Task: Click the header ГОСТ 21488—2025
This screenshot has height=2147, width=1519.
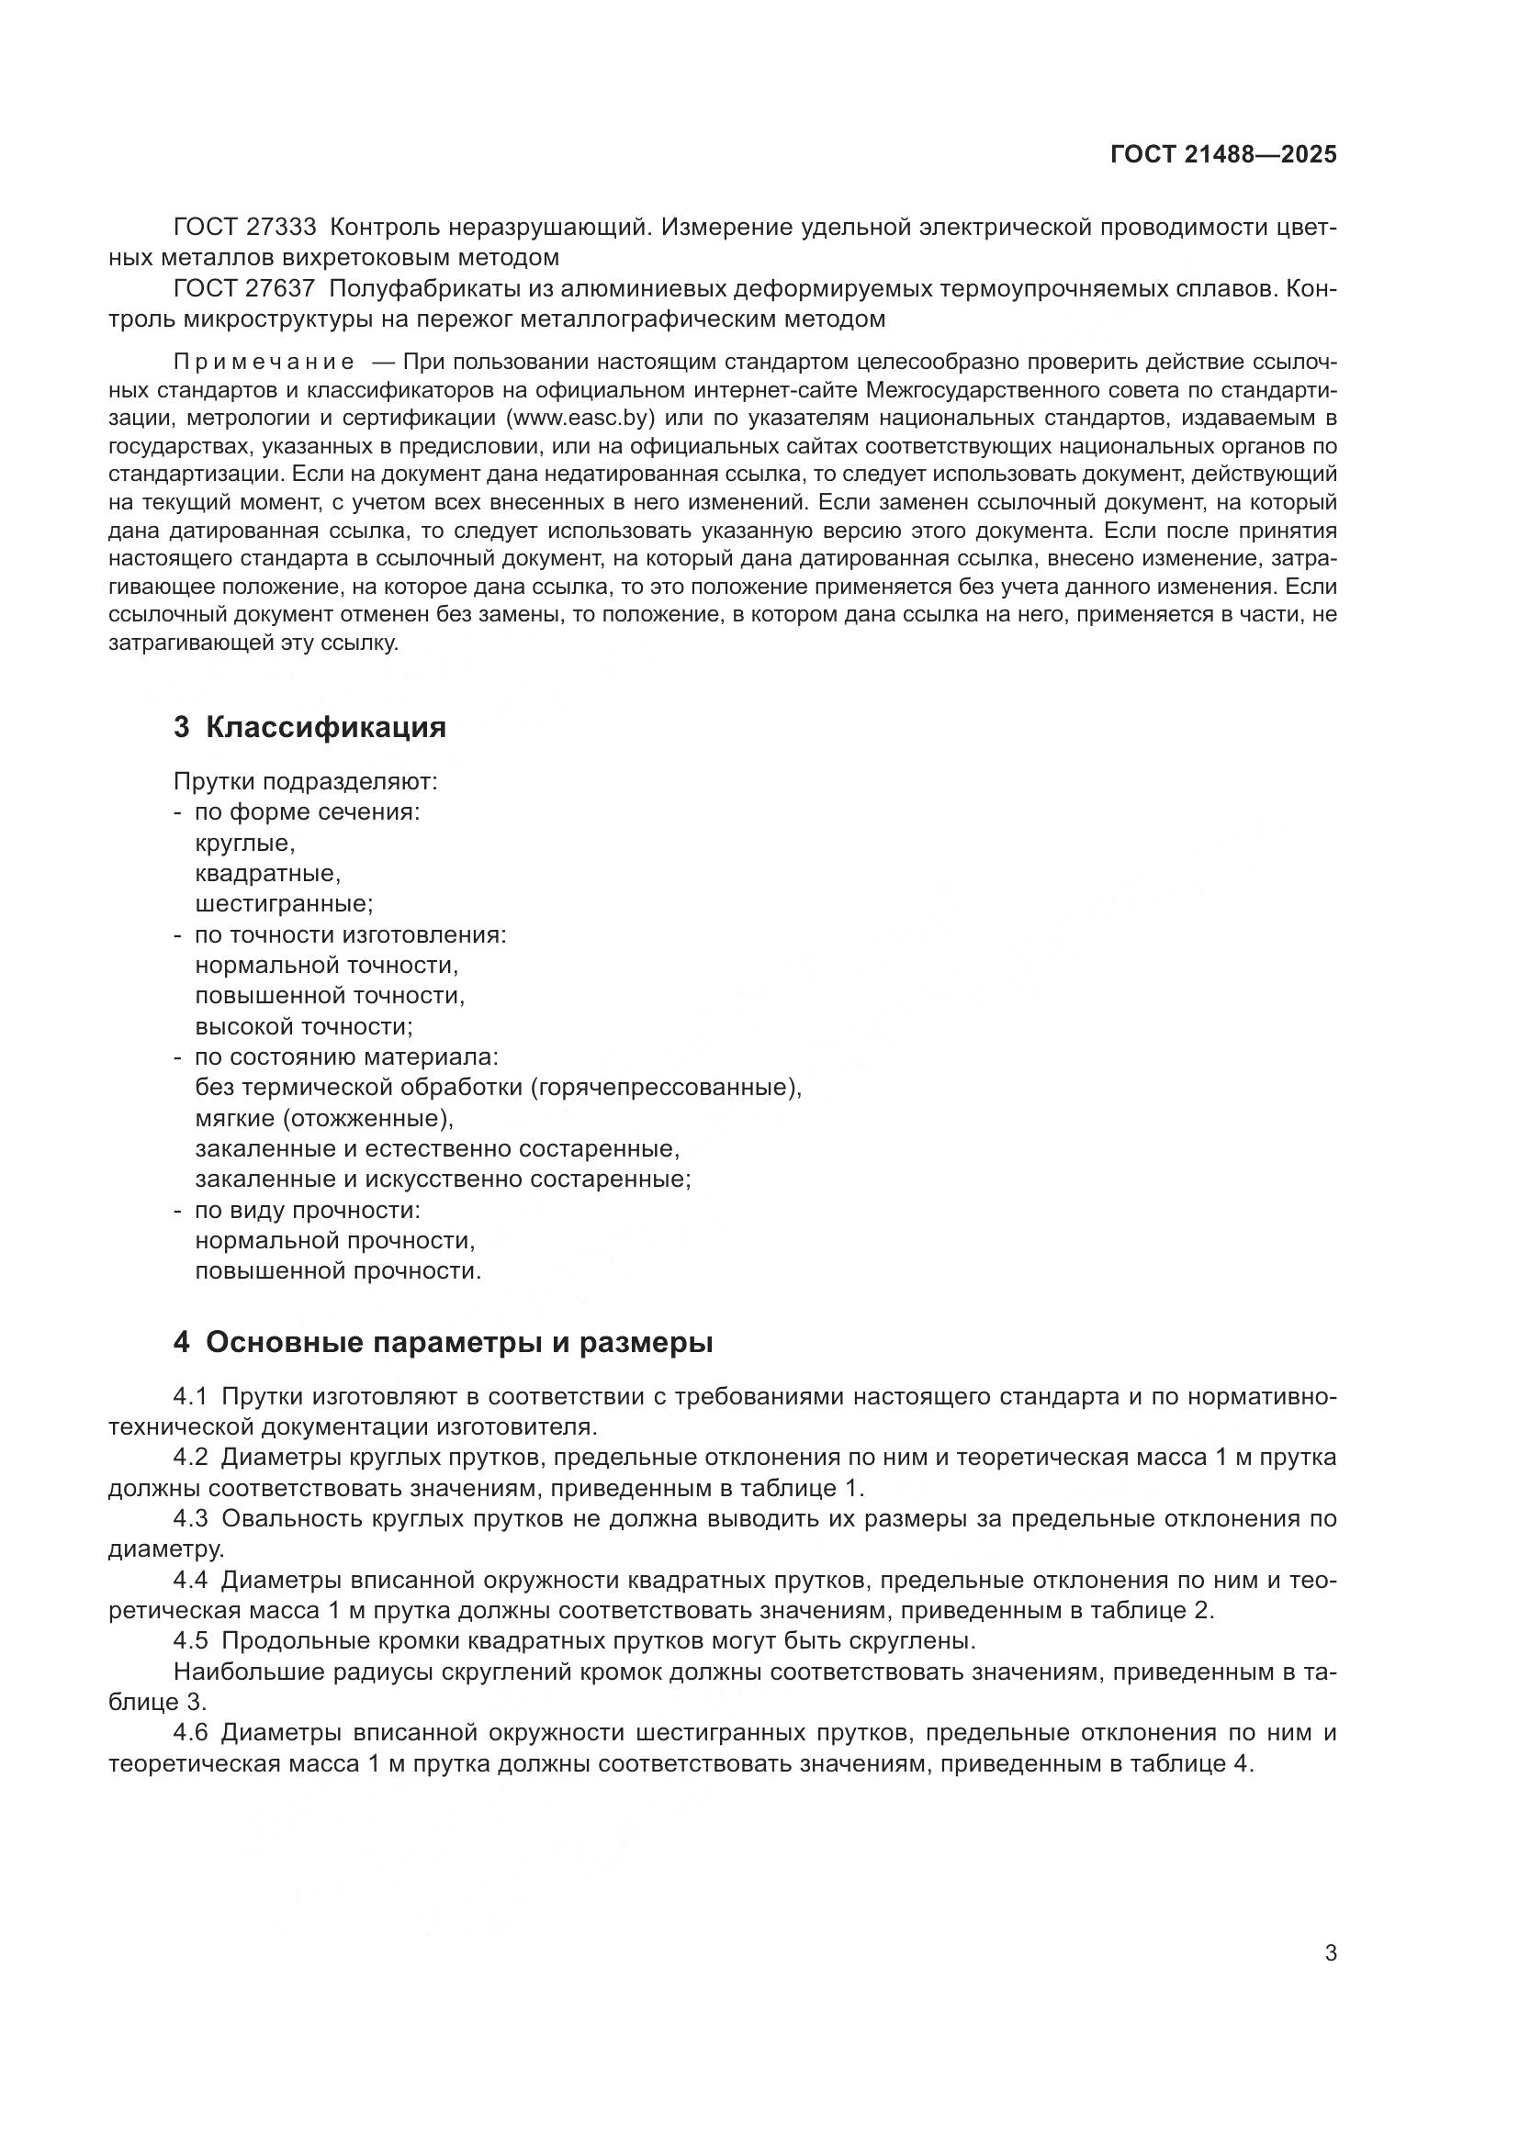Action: click(x=1223, y=155)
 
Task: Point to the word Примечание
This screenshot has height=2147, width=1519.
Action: click(x=264, y=363)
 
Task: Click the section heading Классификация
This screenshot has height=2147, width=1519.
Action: click(x=325, y=728)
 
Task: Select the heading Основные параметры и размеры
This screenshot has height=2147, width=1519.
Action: click(x=458, y=1343)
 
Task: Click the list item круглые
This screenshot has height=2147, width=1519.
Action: click(x=245, y=844)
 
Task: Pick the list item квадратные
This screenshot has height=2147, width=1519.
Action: click(x=267, y=875)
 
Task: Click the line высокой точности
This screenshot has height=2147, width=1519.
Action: click(x=304, y=1027)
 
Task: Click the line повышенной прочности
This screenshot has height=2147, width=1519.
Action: click(x=338, y=1270)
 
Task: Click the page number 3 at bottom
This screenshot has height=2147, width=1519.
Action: click(x=1331, y=1953)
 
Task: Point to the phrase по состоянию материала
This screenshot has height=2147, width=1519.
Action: click(x=346, y=1057)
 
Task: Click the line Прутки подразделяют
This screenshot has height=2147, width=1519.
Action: click(x=305, y=782)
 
